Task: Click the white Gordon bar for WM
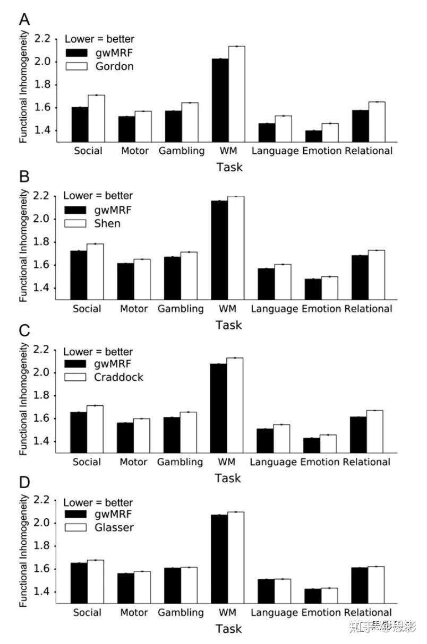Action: click(237, 94)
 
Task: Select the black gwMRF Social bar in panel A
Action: click(80, 125)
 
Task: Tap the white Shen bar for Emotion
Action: click(330, 288)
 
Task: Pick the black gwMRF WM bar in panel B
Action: click(219, 250)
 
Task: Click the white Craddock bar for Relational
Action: click(374, 431)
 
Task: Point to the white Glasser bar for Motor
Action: click(142, 587)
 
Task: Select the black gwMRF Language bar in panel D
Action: click(266, 591)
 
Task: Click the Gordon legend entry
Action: click(100, 66)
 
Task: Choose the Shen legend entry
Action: click(92, 223)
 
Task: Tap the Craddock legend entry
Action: click(104, 377)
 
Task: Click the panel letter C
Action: click(24, 330)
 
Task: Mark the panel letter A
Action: click(24, 20)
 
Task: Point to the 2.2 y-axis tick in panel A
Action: click(42, 38)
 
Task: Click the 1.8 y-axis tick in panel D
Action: click(41, 546)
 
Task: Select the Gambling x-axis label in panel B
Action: click(181, 309)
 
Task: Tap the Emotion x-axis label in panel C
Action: click(320, 462)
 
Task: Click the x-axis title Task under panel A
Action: click(229, 167)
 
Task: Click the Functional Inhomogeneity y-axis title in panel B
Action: click(23, 246)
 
